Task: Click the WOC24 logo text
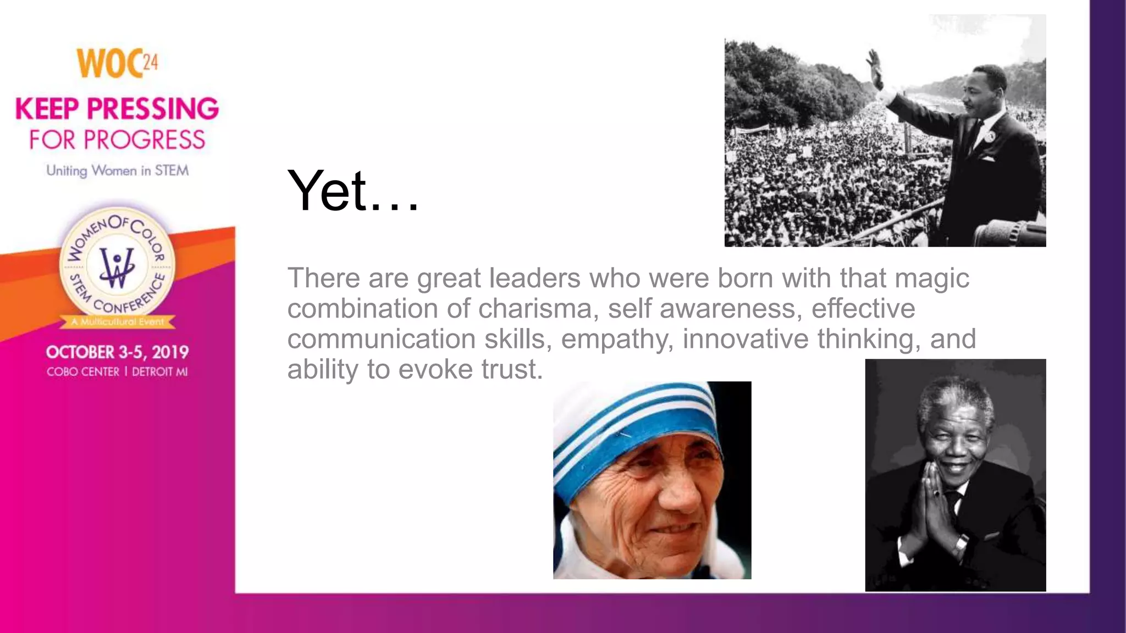click(117, 64)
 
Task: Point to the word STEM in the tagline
click(171, 171)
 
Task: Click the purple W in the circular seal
click(117, 268)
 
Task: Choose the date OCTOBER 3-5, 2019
click(117, 352)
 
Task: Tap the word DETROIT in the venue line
click(153, 372)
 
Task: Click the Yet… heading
click(353, 191)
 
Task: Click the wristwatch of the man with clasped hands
click(961, 544)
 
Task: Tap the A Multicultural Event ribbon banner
click(117, 321)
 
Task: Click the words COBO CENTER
click(83, 372)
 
